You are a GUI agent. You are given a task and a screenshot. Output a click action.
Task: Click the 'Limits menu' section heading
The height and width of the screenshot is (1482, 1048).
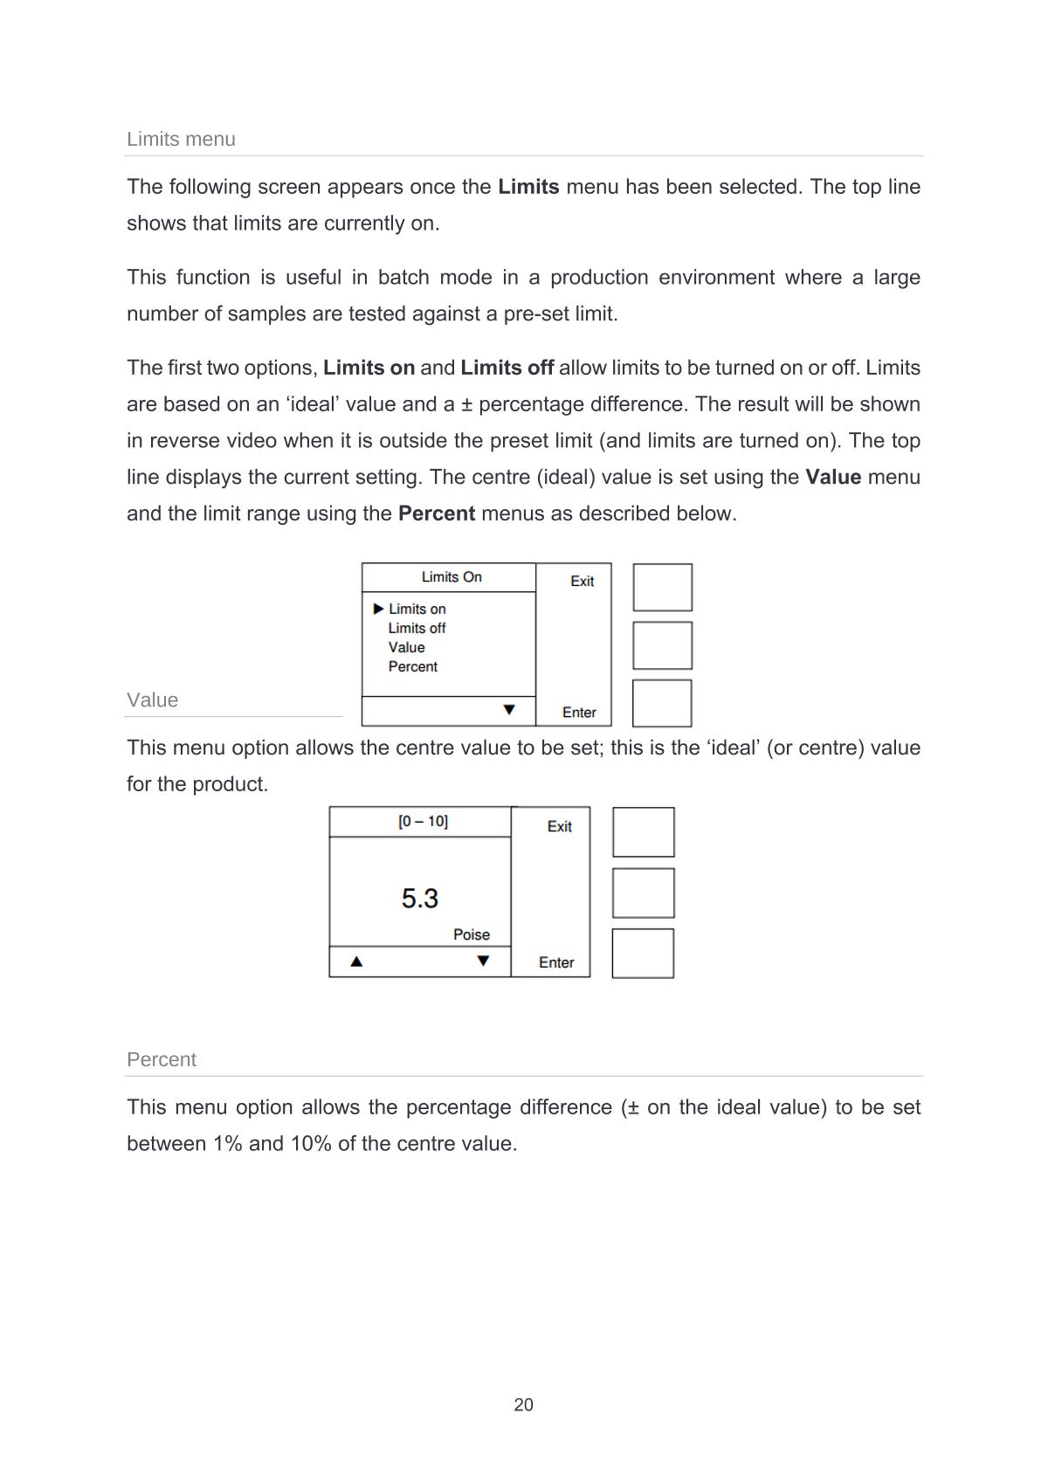[x=181, y=139]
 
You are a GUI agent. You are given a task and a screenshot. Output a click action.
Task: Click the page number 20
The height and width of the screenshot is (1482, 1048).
[x=523, y=1404]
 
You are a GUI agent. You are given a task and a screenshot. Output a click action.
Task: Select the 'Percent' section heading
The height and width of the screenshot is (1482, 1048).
[x=162, y=1059]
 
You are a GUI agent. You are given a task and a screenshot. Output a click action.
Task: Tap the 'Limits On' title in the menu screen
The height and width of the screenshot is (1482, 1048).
[x=452, y=577]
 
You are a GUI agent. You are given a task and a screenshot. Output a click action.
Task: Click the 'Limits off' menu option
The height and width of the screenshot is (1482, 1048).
[x=417, y=628]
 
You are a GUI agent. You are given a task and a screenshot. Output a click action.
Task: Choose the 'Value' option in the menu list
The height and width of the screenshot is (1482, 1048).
[x=406, y=647]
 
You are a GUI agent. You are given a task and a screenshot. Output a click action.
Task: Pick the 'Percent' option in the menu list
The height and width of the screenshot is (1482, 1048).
[x=412, y=666]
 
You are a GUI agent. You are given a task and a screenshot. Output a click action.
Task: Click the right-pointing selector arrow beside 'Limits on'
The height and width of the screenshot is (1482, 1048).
[x=378, y=609]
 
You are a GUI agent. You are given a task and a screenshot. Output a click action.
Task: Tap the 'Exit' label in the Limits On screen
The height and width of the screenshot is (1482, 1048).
[x=582, y=581]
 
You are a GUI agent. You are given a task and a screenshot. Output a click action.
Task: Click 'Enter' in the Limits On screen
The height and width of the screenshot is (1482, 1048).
[x=579, y=713]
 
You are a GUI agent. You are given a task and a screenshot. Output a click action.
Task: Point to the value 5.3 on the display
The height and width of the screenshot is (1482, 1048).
[x=420, y=898]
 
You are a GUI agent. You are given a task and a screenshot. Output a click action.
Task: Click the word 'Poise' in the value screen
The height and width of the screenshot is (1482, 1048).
[x=472, y=934]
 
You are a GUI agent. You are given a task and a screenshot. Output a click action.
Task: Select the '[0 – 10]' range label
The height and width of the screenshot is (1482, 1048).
[x=423, y=821]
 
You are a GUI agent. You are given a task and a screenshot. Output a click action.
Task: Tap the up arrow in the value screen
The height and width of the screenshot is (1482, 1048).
[x=356, y=962]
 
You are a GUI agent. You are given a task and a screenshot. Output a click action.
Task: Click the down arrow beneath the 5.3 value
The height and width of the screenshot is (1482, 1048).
[x=483, y=962]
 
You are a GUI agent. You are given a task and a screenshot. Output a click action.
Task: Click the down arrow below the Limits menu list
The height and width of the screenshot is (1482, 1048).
[x=509, y=710]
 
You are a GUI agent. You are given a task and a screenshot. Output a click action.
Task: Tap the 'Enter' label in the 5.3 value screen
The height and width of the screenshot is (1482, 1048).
[x=556, y=962]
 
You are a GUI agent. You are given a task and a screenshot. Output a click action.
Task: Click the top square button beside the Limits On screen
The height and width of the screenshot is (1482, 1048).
[x=662, y=587]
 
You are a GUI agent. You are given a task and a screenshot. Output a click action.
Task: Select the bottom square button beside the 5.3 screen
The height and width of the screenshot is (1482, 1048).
[x=643, y=953]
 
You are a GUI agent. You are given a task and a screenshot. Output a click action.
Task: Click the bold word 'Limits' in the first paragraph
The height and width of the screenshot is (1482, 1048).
[x=528, y=187]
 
